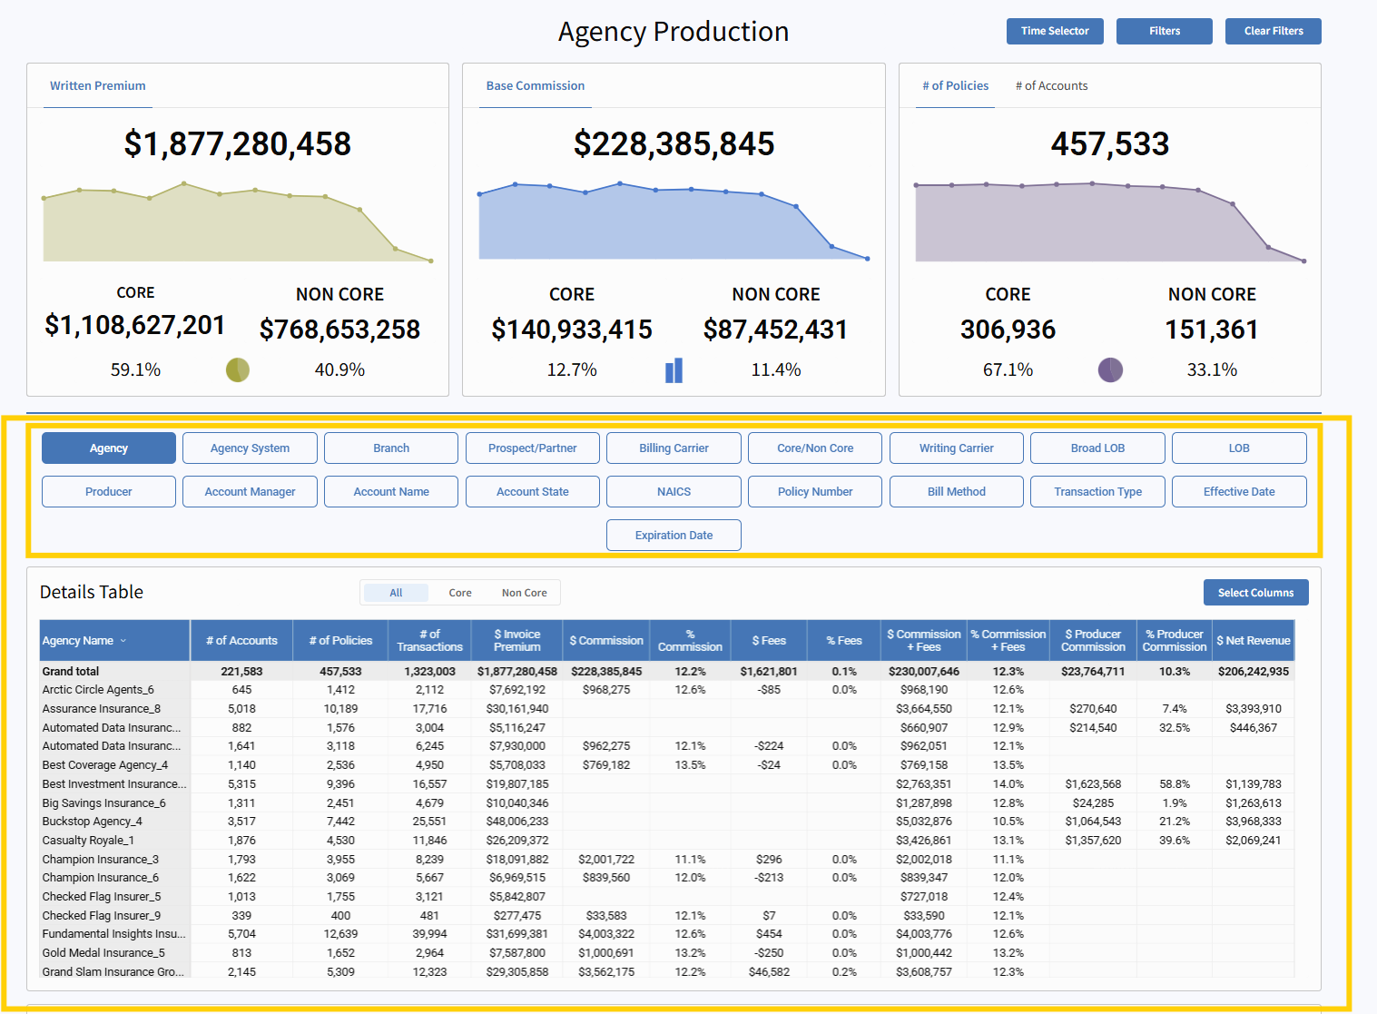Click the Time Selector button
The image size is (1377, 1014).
[x=1054, y=31]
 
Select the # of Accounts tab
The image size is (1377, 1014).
[x=1051, y=86]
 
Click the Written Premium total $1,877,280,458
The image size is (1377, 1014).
[x=237, y=143]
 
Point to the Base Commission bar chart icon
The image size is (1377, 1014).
[x=674, y=370]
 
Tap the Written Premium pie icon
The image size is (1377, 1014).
[x=238, y=369]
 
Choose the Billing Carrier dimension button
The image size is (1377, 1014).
[x=674, y=448]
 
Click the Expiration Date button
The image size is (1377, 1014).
[x=674, y=536]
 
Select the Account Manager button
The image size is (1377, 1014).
[x=250, y=492]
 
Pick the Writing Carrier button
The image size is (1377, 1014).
[x=956, y=448]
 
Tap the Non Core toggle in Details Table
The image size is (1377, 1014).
[x=524, y=593]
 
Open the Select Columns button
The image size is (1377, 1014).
[x=1255, y=593]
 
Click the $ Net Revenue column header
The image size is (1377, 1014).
[x=1253, y=641]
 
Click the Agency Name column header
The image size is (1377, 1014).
[x=78, y=641]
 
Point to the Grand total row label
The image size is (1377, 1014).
[x=71, y=672]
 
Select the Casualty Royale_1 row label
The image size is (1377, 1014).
[x=88, y=841]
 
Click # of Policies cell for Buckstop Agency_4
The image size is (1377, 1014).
[x=340, y=822]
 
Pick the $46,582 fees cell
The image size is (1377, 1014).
[x=769, y=972]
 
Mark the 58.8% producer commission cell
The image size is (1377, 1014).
[x=1175, y=784]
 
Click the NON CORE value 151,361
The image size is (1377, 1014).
[x=1212, y=330]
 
